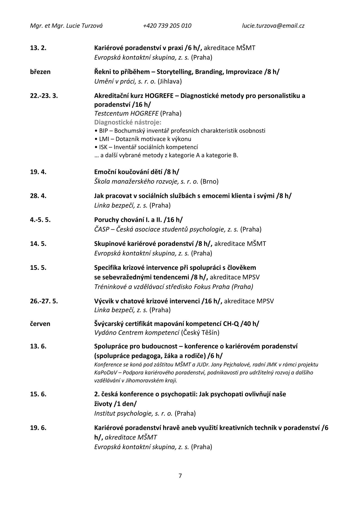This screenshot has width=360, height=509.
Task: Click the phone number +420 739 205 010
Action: [x=167, y=26]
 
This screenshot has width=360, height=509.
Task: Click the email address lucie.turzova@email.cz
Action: [x=273, y=26]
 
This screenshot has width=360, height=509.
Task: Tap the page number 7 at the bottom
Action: [x=180, y=476]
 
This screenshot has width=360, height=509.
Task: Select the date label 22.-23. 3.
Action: [x=44, y=96]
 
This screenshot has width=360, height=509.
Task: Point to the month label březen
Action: [x=40, y=72]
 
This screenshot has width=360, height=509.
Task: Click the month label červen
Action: [x=40, y=324]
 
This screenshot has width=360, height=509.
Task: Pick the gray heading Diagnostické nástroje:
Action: [x=128, y=122]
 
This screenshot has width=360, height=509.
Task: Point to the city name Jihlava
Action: [x=170, y=82]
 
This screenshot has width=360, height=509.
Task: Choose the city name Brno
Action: [x=210, y=181]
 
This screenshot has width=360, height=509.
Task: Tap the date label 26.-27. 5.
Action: [x=44, y=301]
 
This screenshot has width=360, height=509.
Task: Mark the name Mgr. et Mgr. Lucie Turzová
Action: [x=66, y=26]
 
